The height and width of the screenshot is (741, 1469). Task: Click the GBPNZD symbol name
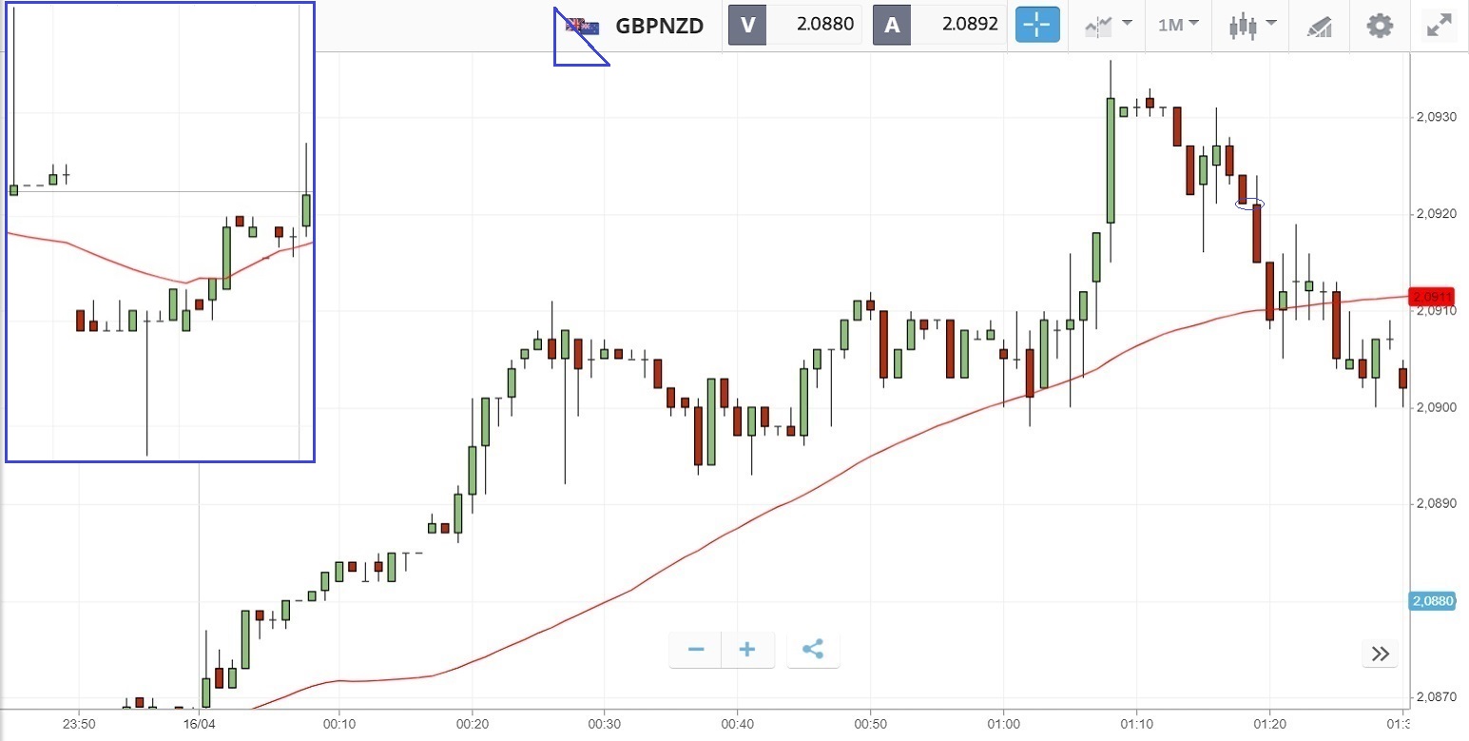(x=659, y=26)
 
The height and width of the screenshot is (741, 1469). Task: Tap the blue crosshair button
(x=1036, y=25)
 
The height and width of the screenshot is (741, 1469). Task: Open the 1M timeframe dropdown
(x=1178, y=25)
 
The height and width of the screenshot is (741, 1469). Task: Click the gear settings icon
(x=1380, y=26)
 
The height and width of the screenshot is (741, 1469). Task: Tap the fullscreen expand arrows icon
(x=1439, y=26)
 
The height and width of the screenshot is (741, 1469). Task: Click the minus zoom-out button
(x=696, y=650)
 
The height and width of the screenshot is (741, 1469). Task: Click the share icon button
(x=813, y=650)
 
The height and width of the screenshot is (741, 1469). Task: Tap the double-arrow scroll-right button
(x=1380, y=653)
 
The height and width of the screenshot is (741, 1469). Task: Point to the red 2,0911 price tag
(x=1432, y=297)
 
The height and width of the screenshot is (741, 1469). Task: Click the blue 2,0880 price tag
(x=1432, y=601)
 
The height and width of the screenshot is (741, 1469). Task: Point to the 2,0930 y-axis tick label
(x=1435, y=117)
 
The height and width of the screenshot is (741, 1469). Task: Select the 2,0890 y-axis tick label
(x=1435, y=504)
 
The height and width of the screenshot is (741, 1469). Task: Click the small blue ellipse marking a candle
(x=1249, y=204)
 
